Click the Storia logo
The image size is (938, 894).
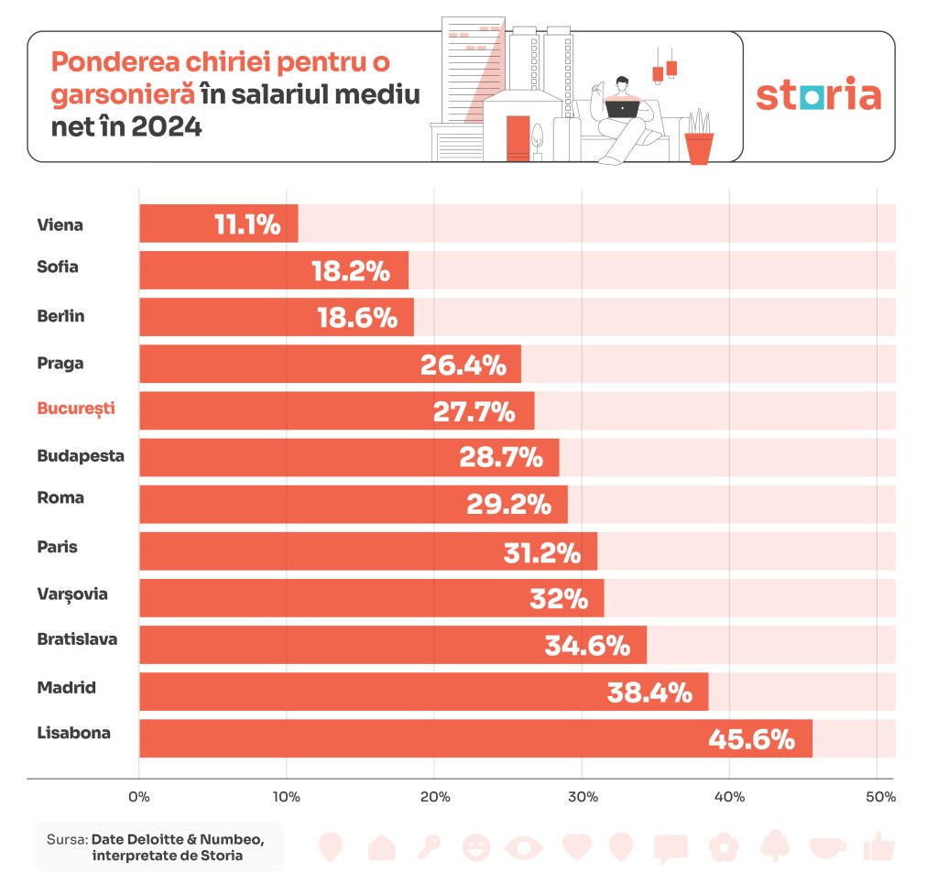coord(818,96)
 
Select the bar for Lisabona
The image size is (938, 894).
coord(475,738)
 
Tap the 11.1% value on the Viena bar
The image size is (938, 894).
coord(246,224)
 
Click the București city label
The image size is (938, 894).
coord(76,409)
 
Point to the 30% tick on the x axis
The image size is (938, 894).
coord(583,797)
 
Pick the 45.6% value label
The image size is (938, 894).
coord(751,738)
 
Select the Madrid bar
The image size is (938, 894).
coord(423,692)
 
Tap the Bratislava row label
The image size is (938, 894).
coord(77,639)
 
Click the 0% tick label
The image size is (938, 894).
coord(139,797)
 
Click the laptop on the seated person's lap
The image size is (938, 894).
coord(623,108)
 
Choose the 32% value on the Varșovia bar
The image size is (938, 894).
coord(559,599)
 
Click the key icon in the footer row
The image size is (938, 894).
coord(428,846)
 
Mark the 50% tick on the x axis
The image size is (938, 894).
coord(880,797)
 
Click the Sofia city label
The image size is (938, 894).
coord(58,267)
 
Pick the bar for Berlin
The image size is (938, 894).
coord(276,317)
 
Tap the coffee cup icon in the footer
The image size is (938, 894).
coord(827,846)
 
